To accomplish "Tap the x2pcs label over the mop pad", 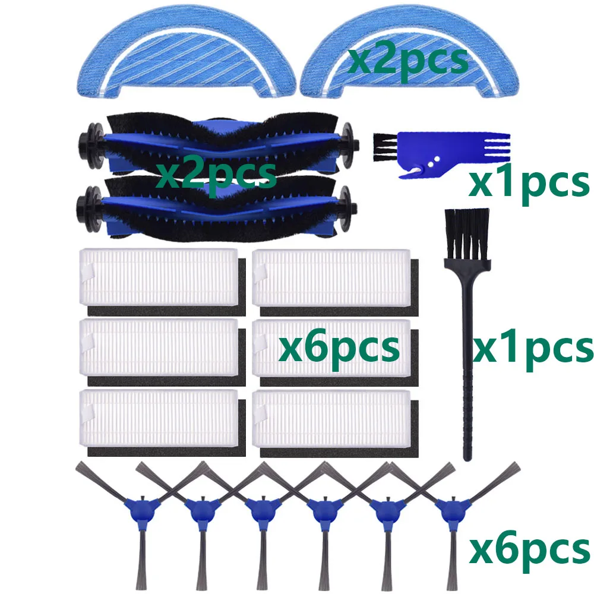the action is click(x=407, y=60).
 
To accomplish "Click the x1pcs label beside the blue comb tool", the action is click(x=528, y=184).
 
